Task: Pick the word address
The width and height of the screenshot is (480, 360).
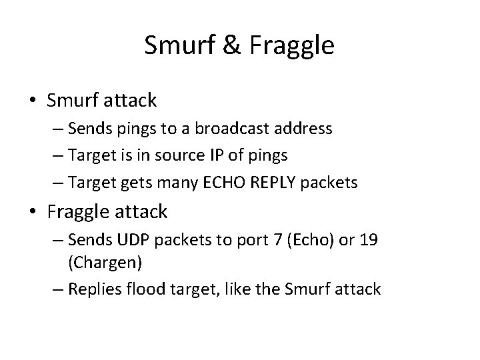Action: (x=307, y=129)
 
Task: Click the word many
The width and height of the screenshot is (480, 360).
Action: (x=205, y=182)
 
